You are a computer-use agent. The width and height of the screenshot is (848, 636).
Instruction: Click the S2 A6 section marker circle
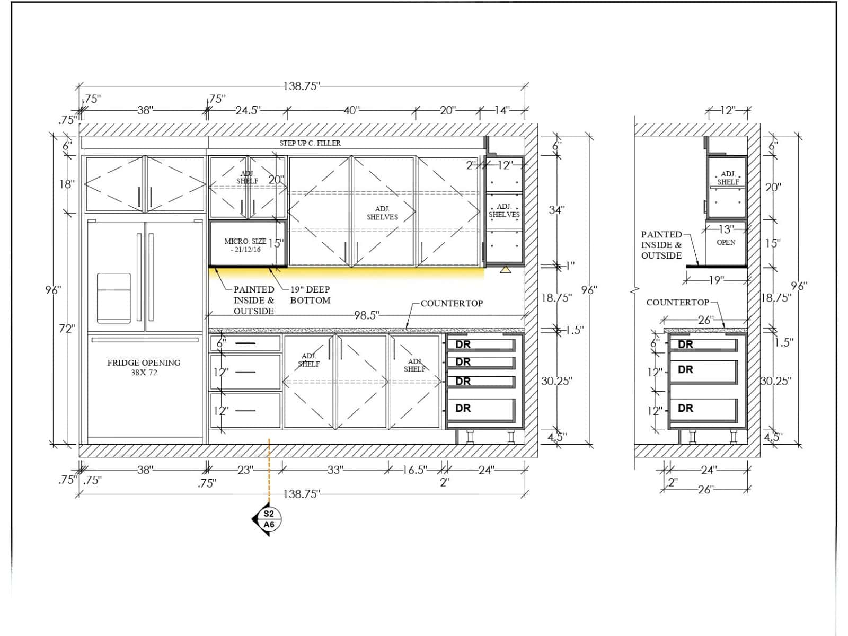tap(269, 519)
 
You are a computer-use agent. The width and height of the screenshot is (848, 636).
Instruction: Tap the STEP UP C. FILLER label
tap(310, 143)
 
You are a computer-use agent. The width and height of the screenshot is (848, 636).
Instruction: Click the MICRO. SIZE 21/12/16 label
tap(245, 245)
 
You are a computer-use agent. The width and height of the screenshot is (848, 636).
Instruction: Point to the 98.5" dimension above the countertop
tap(367, 315)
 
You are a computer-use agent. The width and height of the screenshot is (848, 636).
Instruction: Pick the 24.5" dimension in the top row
tap(248, 110)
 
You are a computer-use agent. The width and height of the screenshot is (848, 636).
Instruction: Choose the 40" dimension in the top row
tap(351, 110)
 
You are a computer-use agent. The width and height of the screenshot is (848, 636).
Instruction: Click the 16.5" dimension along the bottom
tap(414, 470)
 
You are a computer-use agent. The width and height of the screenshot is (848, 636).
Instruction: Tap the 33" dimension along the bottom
tap(335, 470)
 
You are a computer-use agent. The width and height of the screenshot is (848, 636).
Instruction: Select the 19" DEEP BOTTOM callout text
tap(310, 295)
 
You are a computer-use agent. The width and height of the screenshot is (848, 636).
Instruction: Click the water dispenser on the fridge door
tap(113, 298)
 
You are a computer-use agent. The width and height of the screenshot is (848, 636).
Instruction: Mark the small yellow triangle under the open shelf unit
tap(505, 269)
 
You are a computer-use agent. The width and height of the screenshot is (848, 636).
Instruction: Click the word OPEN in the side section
tap(726, 242)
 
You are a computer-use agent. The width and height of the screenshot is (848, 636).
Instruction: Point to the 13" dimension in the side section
tap(726, 229)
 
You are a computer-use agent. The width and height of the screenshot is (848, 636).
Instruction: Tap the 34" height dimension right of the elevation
tap(556, 210)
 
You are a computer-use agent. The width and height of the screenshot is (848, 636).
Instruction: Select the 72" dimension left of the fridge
tap(67, 329)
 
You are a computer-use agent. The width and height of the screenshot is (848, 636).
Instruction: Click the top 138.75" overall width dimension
tap(302, 86)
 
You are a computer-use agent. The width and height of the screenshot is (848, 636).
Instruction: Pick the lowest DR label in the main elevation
tap(463, 408)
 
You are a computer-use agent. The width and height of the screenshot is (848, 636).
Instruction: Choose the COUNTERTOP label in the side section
tap(678, 302)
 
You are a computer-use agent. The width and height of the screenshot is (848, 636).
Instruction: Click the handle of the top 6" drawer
tap(245, 343)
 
